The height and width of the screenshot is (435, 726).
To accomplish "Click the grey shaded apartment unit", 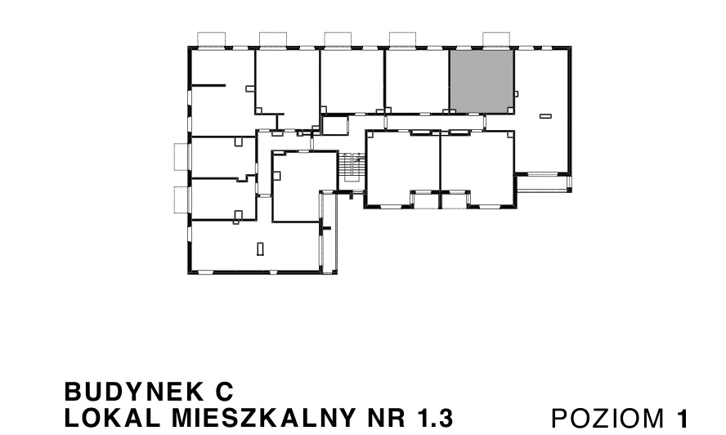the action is [482, 81].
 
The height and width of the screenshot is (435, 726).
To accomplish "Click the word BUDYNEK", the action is [134, 392].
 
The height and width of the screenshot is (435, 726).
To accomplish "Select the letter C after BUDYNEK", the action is [225, 392].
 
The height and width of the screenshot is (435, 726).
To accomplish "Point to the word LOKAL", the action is [113, 419].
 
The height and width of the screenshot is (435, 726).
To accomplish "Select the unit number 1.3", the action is [435, 419].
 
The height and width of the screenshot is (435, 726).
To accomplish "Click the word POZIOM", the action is [607, 419].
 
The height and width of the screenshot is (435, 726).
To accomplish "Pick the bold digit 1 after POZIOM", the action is [683, 419].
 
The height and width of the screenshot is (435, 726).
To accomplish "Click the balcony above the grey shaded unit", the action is [496, 39].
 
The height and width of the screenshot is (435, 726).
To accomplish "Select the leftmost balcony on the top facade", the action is [212, 39].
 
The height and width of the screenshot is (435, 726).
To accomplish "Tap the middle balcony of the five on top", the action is [338, 39].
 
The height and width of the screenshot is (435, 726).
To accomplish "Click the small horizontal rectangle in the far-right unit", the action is [545, 116].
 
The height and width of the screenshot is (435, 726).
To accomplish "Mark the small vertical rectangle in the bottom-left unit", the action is [260, 249].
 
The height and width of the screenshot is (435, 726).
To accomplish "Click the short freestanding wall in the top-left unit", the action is [208, 85].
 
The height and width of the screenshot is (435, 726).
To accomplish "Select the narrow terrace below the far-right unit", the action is [544, 183].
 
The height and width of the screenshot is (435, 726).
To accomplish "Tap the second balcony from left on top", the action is [273, 39].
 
